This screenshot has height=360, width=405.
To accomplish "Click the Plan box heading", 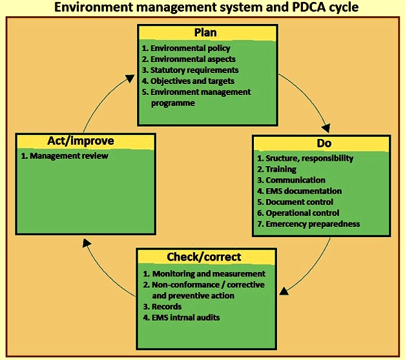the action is tap(205, 33).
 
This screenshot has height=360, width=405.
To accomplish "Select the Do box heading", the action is tap(324, 143).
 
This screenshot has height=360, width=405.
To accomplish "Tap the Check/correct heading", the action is tap(203, 257).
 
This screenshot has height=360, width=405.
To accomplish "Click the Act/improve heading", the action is tap(81, 141).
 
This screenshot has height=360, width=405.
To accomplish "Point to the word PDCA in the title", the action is tap(308, 7).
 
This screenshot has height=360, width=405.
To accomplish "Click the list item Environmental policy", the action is tap(186, 48).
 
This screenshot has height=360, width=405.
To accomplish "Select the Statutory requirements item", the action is tap(190, 70).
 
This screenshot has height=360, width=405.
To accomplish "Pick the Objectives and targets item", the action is tap(188, 81).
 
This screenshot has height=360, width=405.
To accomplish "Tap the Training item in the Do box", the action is tap(277, 169).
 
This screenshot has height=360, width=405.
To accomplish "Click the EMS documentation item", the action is tap(299, 191).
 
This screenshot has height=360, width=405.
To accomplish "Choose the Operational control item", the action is tap(298, 213).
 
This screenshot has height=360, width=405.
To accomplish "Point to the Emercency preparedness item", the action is tap(308, 224).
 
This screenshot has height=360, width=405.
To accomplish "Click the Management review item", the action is tap(65, 156).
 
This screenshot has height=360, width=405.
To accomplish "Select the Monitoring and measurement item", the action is tap(204, 273).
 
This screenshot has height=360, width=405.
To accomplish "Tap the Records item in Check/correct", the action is tap(162, 307).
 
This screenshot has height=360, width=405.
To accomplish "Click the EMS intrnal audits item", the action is tap(182, 317).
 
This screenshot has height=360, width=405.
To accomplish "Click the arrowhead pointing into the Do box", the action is tap(326, 128).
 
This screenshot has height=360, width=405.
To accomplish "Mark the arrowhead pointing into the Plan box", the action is tap(129, 78).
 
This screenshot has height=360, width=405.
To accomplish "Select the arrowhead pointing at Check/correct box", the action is tap(284, 291).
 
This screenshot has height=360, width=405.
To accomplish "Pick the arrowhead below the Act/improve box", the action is tap(87, 242).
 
